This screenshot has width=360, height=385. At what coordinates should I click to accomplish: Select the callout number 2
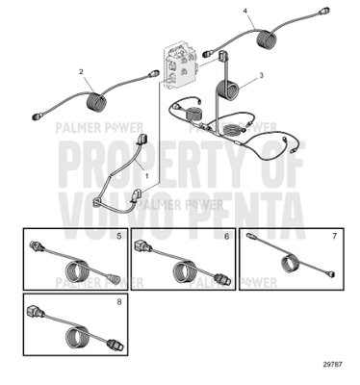pos(82,71)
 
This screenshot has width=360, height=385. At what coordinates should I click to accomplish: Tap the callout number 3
pos(261,74)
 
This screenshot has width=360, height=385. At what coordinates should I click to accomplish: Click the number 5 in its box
pos(118,236)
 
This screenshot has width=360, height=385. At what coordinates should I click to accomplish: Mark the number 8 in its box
pos(118,300)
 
